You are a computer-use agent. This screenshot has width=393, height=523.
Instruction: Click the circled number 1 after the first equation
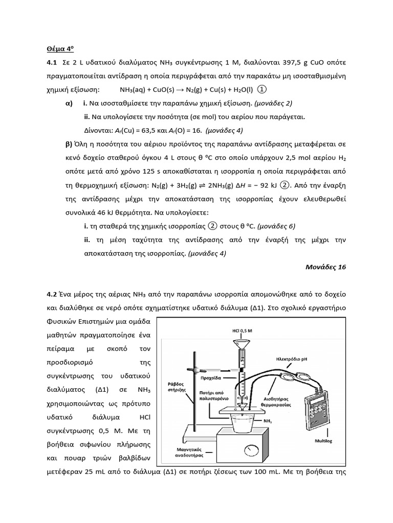[x=262, y=89]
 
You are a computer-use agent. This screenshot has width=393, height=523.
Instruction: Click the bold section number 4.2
[x=51, y=294]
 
